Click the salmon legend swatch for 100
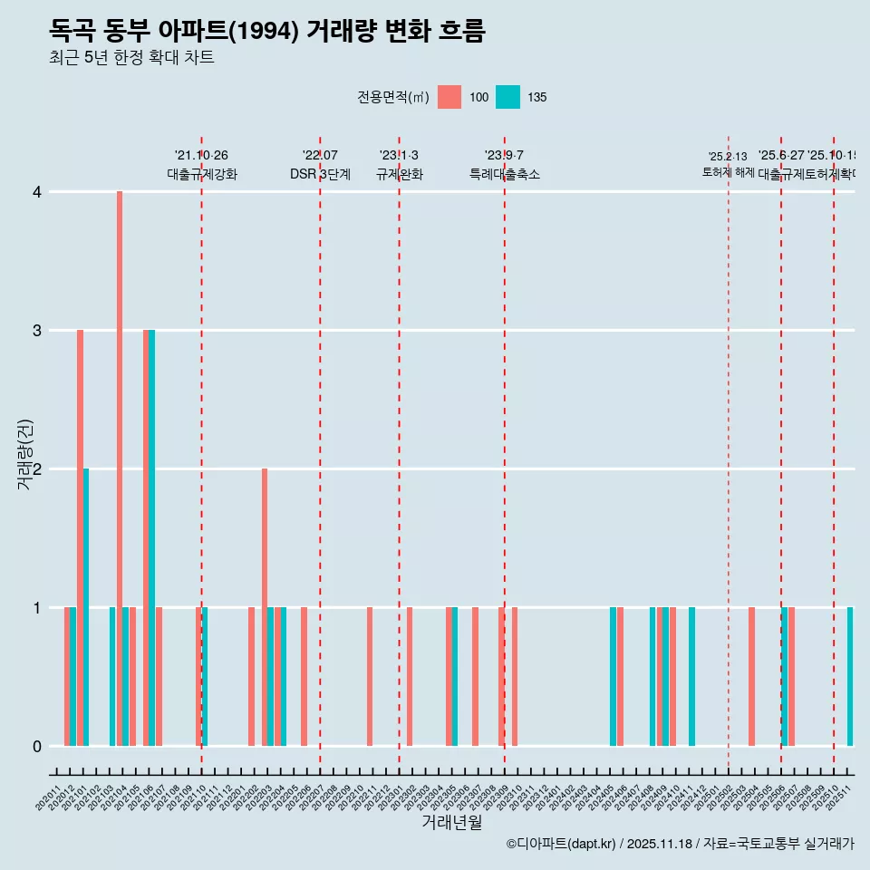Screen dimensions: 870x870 [449, 97]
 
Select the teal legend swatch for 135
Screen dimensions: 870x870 [508, 97]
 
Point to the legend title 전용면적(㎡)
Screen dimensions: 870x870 [392, 97]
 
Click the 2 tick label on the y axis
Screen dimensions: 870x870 [37, 469]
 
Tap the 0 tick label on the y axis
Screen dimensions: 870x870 [37, 747]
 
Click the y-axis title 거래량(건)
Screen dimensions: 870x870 [24, 454]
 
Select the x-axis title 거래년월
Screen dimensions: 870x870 [451, 822]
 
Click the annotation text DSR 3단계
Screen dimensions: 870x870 [320, 174]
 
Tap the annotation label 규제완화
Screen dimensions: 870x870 [399, 174]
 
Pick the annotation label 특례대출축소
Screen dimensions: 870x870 [505, 174]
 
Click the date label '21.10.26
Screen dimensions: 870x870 [201, 156]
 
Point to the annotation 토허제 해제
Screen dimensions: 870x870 [728, 171]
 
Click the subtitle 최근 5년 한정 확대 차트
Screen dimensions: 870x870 [131, 58]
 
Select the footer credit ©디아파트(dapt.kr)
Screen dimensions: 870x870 [562, 844]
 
